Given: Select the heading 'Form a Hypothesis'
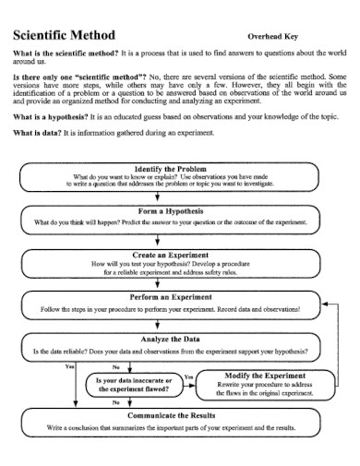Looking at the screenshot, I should [x=170, y=211].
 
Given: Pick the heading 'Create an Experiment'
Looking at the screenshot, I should [x=170, y=254].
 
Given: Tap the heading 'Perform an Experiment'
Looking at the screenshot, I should [x=170, y=297].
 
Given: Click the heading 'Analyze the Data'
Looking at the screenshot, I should [x=170, y=340].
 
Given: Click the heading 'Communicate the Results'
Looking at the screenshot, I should [x=170, y=417].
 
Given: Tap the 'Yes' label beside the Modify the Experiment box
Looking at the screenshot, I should [x=188, y=377].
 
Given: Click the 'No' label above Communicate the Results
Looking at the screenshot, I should [x=115, y=403].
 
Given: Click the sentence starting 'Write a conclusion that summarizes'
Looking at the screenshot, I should [x=170, y=429].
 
